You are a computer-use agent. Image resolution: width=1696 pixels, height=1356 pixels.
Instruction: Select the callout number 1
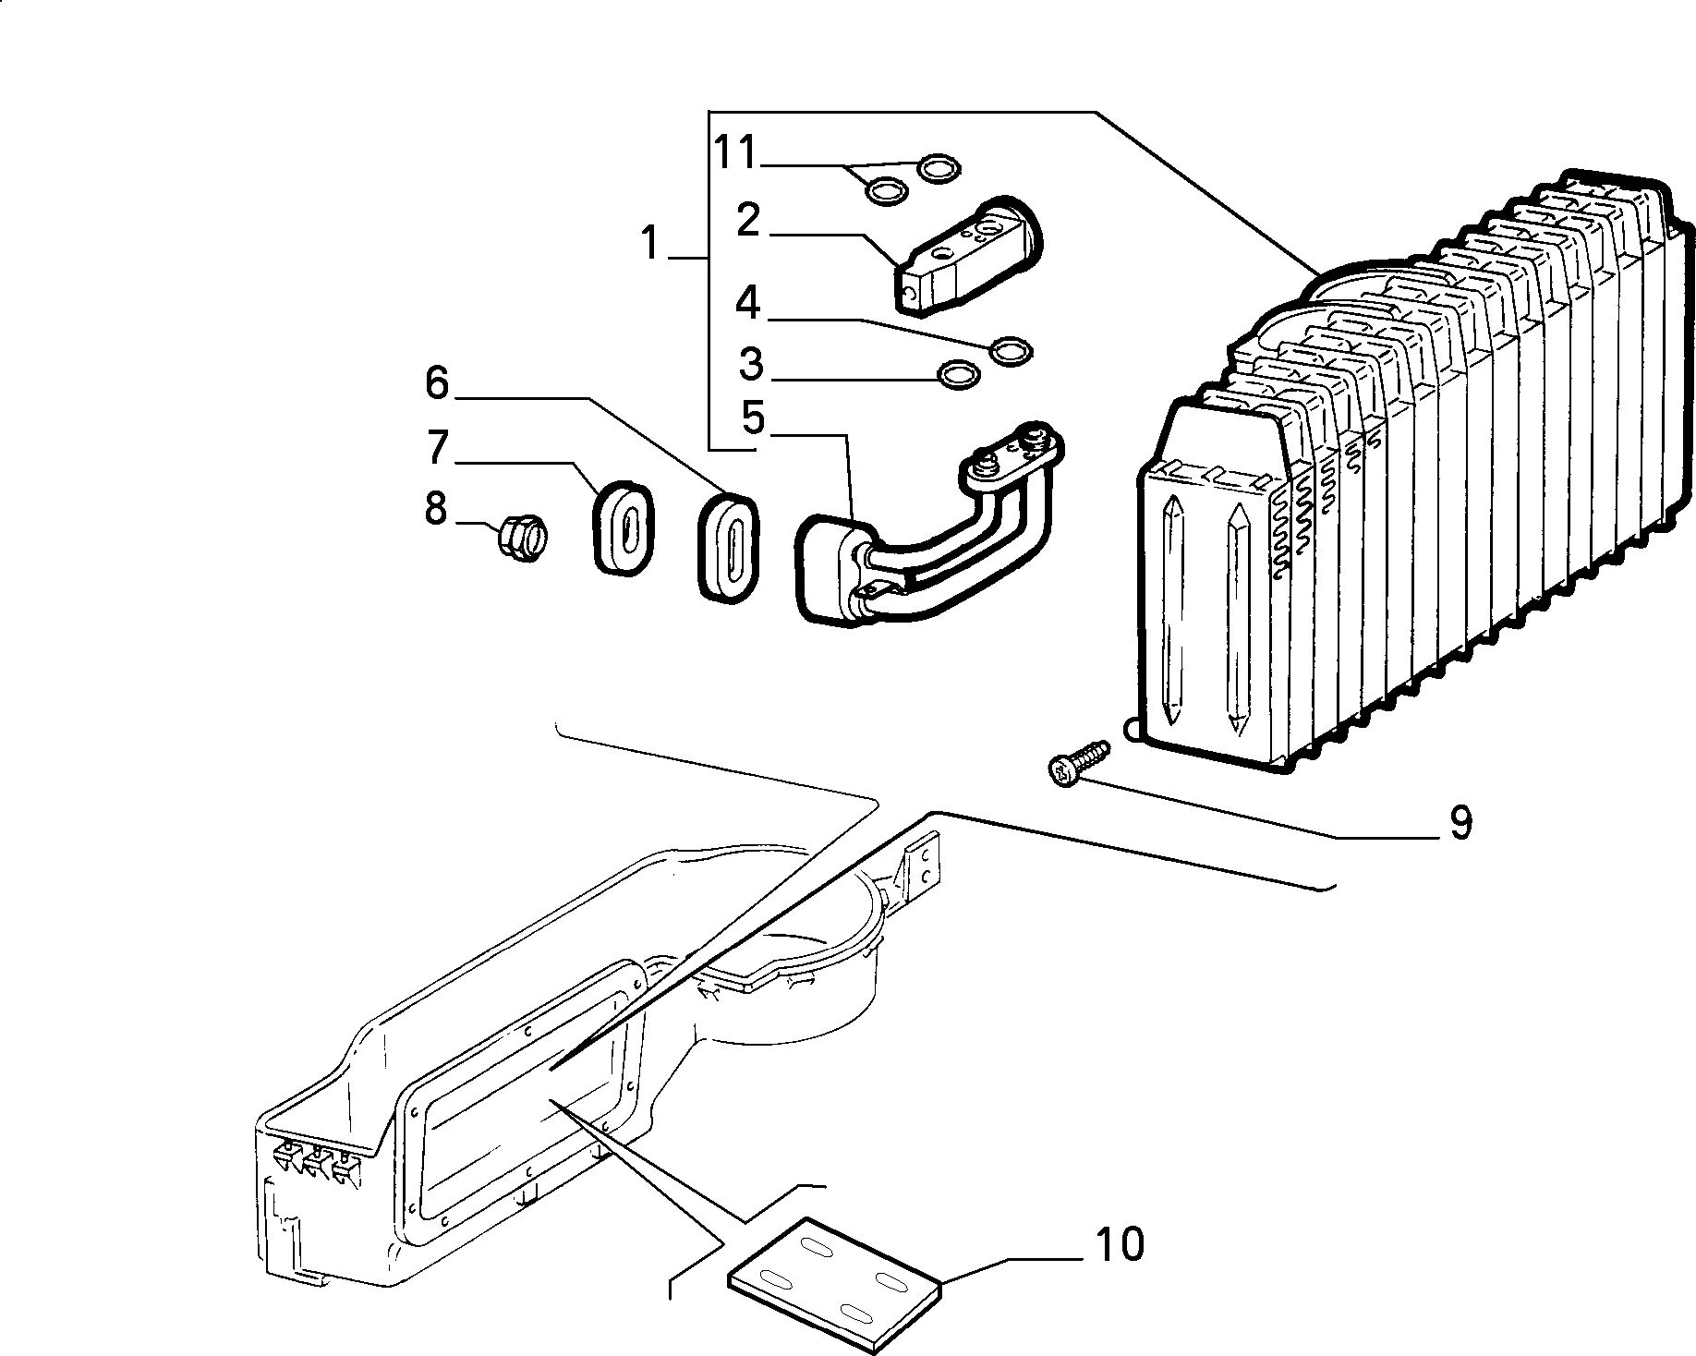(x=651, y=244)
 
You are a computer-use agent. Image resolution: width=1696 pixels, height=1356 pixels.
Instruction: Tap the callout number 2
(x=748, y=222)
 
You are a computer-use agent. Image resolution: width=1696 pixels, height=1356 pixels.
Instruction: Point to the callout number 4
(x=748, y=304)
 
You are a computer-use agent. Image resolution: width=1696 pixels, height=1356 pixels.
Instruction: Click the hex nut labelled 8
(x=524, y=535)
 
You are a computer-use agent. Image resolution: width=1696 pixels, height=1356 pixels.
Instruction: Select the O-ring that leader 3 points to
(x=957, y=374)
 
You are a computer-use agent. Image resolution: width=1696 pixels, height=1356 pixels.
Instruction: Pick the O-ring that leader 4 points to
(x=1012, y=349)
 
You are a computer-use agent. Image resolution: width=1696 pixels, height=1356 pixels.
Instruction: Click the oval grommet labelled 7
(x=622, y=527)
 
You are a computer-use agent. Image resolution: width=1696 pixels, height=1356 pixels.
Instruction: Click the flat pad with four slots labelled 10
(x=834, y=1277)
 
